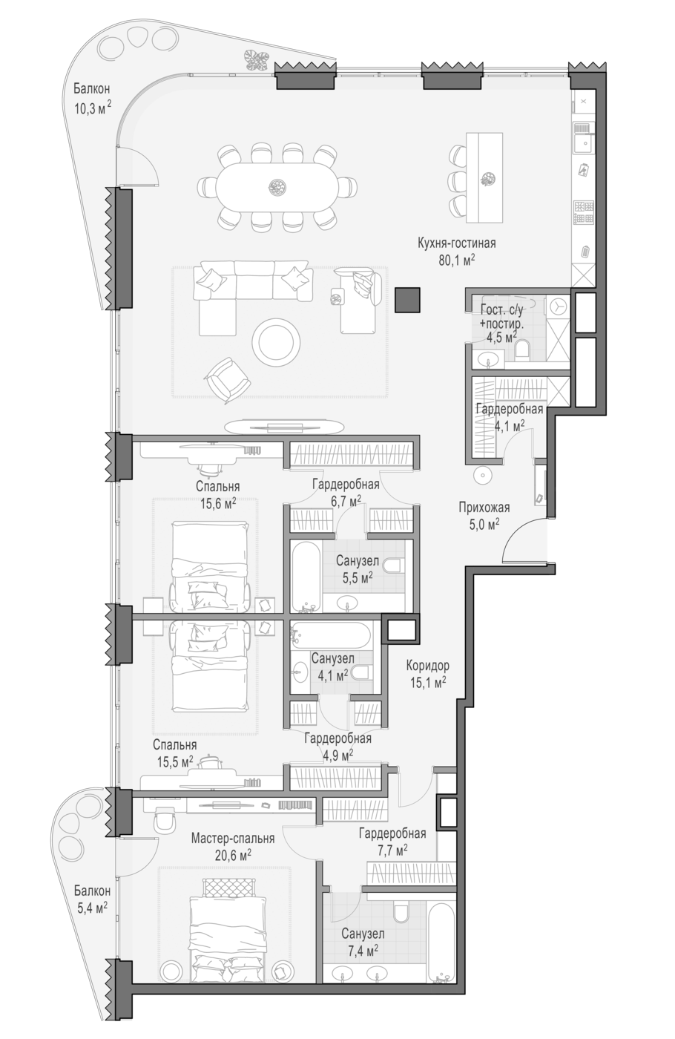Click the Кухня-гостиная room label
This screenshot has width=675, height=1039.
pos(457,243)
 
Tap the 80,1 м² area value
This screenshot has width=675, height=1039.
pos(457,260)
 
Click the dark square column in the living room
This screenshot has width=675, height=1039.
pos(407,300)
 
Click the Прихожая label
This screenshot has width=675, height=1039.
pos(484,508)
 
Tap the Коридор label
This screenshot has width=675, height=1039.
pos(427,666)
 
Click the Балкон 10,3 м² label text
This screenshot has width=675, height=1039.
pos(92,98)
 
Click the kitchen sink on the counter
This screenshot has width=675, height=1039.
pos(584,137)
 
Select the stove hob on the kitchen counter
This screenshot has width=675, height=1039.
pos(584,212)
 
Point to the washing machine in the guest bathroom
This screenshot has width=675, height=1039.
pos(558,307)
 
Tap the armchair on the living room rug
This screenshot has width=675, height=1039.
pos(228,380)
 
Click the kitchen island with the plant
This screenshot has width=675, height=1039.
pos(484,177)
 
